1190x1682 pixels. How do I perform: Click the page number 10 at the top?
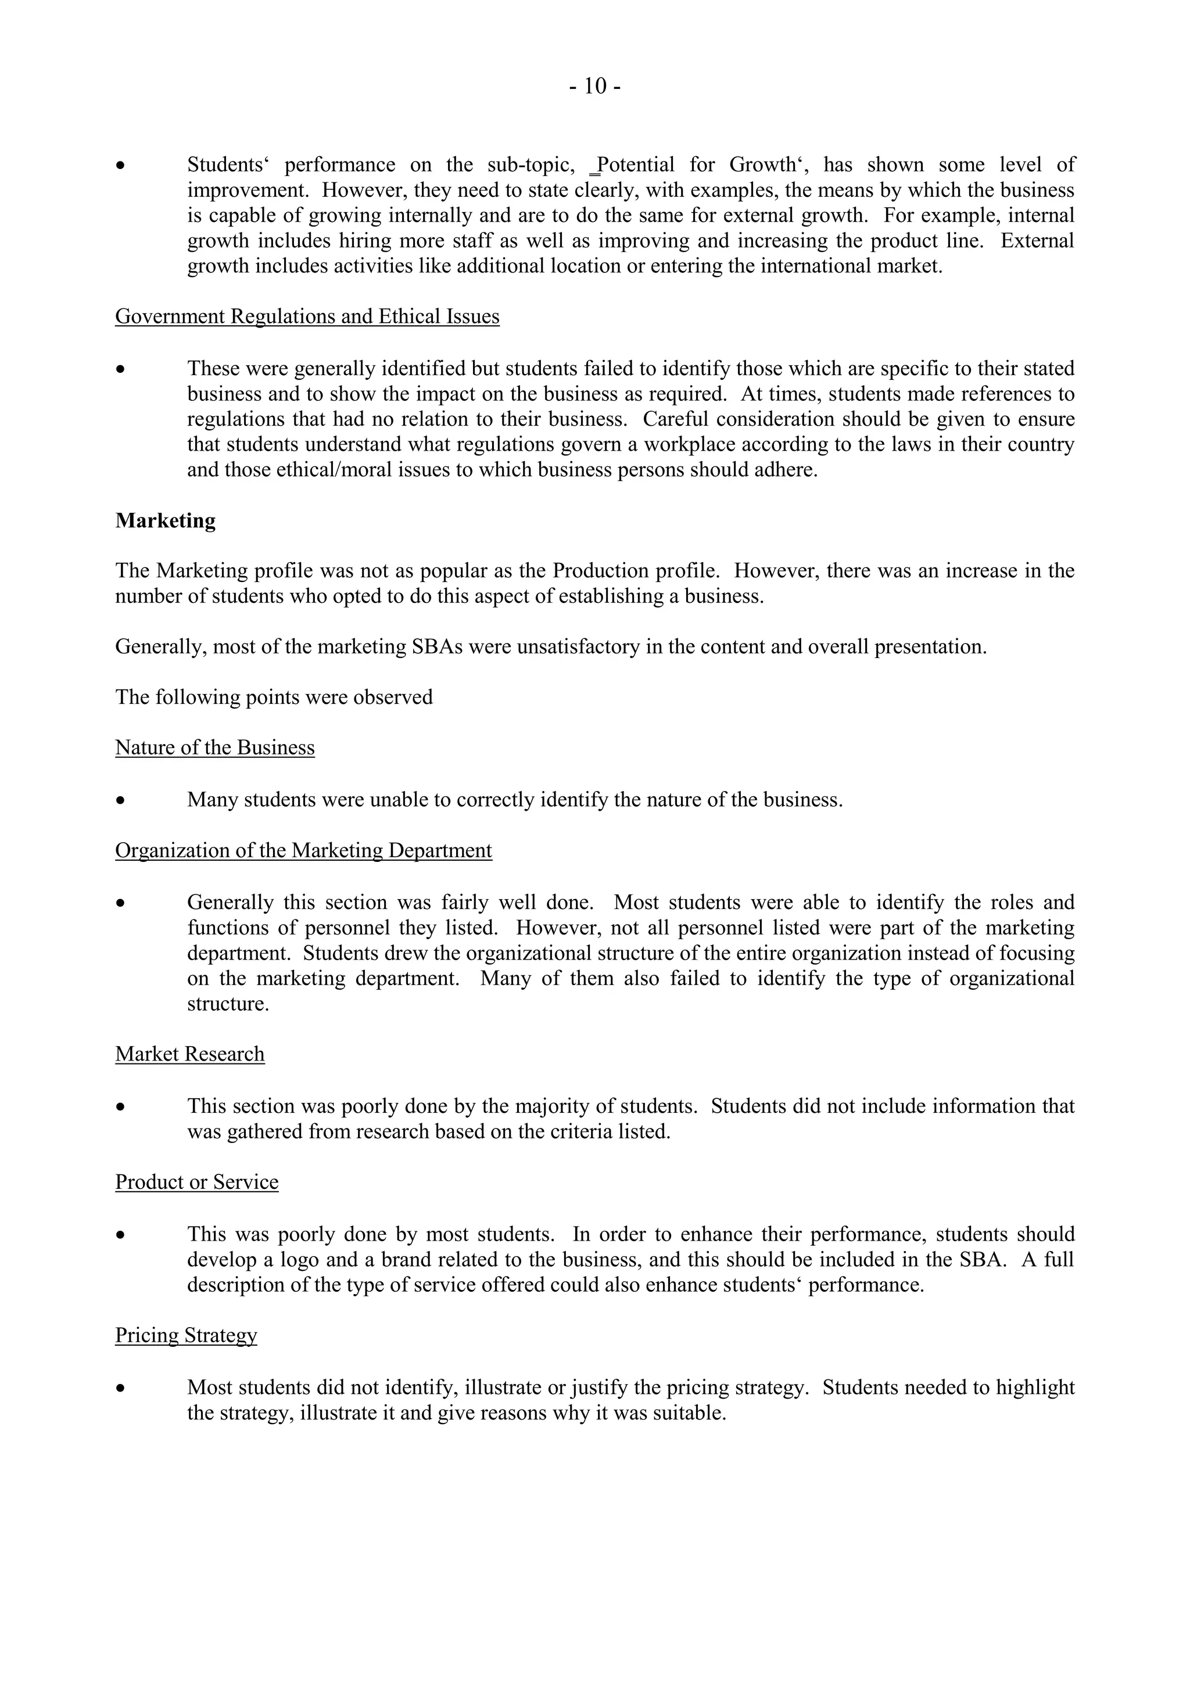tap(595, 87)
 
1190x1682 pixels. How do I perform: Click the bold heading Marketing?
tap(165, 520)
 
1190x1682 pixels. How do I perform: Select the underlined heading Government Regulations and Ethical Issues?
tap(307, 316)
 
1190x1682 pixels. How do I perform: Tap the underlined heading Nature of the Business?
tap(214, 747)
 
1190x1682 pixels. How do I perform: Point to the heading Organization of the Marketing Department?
tap(303, 850)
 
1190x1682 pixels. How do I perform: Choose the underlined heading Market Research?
tap(190, 1054)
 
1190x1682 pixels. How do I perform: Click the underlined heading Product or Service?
tap(196, 1182)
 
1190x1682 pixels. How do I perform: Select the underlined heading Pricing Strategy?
tap(186, 1335)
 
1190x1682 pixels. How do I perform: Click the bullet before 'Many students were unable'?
tap(120, 801)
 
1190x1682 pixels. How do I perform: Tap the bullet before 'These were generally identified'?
tap(120, 370)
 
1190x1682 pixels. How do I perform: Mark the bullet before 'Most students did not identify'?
tap(120, 1389)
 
